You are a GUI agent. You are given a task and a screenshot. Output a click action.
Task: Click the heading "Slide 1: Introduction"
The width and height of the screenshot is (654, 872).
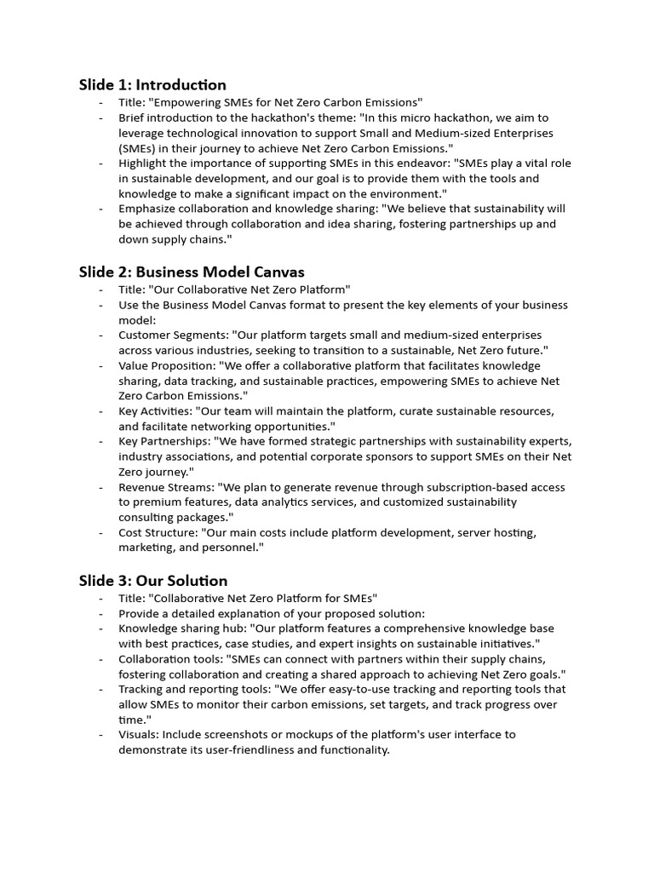152,84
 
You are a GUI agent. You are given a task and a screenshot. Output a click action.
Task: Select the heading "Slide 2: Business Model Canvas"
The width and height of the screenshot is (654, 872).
192,272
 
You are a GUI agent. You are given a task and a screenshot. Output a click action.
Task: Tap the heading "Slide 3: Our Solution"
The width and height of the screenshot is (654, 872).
153,580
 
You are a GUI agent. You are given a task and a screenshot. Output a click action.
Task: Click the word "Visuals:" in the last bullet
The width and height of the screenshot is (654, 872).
138,734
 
